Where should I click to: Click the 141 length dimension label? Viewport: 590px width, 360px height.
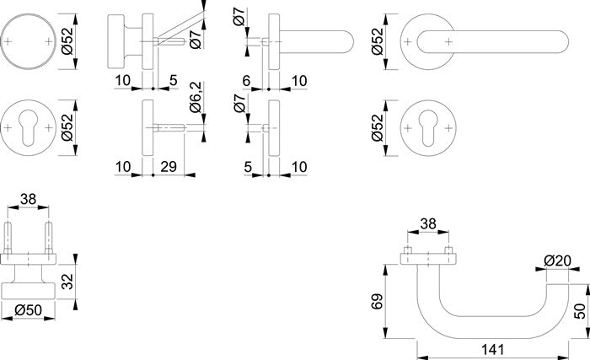click(x=492, y=350)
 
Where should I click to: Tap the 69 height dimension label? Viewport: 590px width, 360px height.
click(x=377, y=301)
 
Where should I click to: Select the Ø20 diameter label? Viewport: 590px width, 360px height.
click(x=557, y=261)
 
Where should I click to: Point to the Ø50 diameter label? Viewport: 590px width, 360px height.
click(x=29, y=310)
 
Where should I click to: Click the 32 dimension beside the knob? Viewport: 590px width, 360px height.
click(x=67, y=282)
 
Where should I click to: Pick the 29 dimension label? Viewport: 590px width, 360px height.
click(x=169, y=166)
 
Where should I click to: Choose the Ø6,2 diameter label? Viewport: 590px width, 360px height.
click(x=196, y=97)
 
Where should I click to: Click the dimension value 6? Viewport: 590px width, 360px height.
click(x=246, y=81)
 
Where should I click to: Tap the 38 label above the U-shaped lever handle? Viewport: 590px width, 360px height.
click(x=428, y=223)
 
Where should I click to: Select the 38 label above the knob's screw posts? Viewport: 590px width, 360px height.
click(x=28, y=199)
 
